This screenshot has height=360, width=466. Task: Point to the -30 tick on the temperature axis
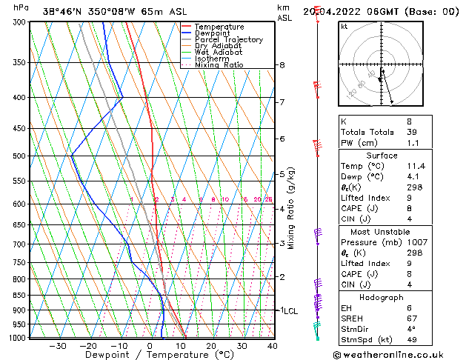(57, 346)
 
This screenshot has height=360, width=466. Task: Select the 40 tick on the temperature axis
(273, 346)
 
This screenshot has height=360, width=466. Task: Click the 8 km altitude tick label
(282, 65)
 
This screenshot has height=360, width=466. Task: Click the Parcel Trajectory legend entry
(228, 39)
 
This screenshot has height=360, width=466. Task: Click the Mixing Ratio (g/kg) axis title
(292, 208)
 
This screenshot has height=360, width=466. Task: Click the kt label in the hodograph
(344, 26)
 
